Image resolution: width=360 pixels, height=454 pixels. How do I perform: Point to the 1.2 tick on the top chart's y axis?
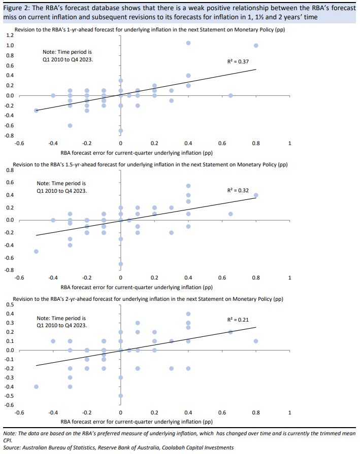(10, 36)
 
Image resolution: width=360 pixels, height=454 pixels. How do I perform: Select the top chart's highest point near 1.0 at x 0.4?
(188, 43)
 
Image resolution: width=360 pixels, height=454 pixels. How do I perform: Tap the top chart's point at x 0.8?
(256, 46)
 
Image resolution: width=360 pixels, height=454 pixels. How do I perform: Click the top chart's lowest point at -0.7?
(121, 130)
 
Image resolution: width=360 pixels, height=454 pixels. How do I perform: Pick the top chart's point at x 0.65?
(231, 95)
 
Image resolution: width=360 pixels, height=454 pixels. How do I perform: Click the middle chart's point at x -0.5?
(36, 251)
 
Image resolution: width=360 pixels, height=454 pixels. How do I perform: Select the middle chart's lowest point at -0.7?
(121, 264)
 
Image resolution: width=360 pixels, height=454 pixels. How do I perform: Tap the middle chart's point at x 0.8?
(256, 195)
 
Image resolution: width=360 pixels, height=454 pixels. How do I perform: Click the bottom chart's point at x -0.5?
(36, 387)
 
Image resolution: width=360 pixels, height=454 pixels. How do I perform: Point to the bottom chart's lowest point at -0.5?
(121, 396)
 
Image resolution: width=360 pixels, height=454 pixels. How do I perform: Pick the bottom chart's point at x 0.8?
(256, 341)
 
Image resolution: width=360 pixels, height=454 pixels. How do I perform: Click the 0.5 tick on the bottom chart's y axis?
(10, 305)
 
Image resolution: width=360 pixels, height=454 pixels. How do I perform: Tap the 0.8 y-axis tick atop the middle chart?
(10, 170)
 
